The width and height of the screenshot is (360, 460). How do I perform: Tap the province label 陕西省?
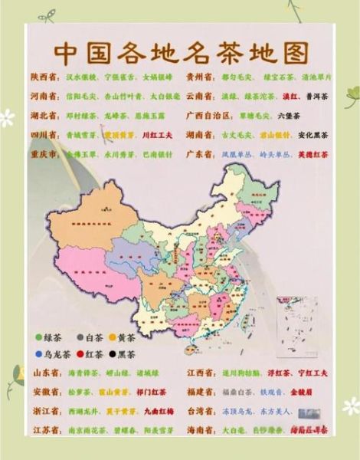(44, 77)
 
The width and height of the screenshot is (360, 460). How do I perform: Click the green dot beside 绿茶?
(38, 337)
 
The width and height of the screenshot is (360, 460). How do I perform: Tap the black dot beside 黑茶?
(113, 354)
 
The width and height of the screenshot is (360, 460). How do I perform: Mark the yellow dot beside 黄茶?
(113, 337)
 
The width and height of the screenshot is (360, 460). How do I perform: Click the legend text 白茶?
(95, 337)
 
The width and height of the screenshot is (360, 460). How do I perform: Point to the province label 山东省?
(45, 373)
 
